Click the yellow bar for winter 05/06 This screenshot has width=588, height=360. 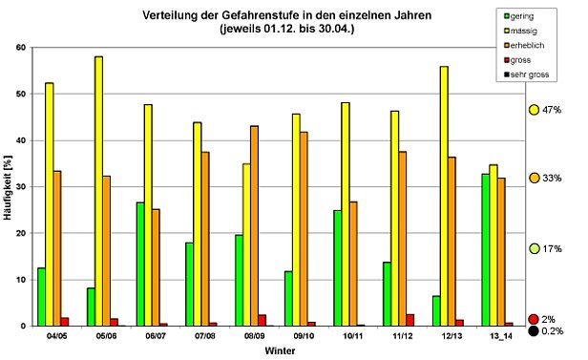[x=98, y=191]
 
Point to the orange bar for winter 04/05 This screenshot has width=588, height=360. [x=56, y=248]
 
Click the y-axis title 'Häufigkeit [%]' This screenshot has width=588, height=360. [x=8, y=187]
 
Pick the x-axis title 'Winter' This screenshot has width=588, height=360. [x=278, y=351]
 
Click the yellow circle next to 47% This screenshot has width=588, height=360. [x=534, y=110]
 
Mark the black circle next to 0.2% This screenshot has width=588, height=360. [x=534, y=331]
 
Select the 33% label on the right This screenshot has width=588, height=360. [x=553, y=179]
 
